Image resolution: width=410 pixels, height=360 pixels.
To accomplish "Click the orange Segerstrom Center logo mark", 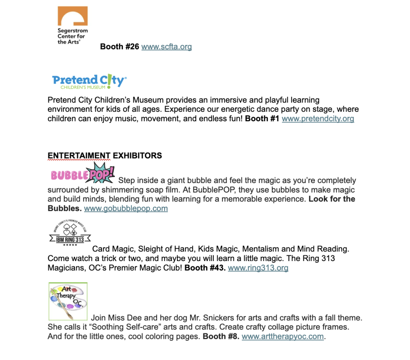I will [72, 16].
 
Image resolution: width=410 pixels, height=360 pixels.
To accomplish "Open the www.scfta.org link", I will [167, 47].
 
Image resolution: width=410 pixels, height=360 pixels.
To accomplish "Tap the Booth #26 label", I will [119, 47].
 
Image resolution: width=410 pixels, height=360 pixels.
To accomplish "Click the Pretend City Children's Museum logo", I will [89, 81].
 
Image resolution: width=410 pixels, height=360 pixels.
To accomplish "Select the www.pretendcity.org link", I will [318, 119].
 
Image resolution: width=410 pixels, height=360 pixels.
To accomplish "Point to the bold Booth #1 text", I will [262, 119].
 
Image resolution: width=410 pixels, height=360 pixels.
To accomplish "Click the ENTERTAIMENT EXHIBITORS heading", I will [105, 155].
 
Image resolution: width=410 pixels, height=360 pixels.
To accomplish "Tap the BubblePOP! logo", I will [83, 173].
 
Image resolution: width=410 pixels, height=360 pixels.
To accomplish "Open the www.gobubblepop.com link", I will [126, 208].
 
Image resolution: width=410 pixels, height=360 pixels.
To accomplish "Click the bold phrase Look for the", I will [332, 199].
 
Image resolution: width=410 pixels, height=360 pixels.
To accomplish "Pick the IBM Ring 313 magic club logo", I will [70, 233].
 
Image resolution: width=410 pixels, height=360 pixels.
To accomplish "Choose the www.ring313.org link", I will [258, 268].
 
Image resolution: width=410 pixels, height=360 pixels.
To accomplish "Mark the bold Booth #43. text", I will [205, 268].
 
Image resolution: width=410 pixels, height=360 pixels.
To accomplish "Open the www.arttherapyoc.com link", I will [283, 336].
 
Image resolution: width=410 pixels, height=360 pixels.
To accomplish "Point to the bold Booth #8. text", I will [221, 336].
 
